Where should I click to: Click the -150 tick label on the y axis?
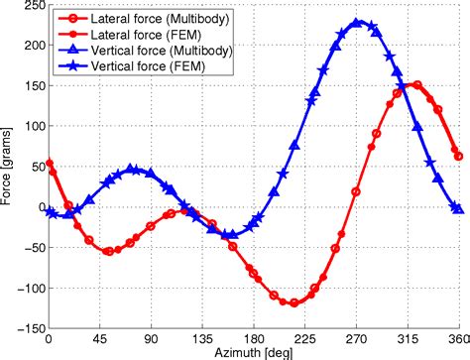[29, 328]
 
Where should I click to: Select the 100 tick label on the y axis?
[31, 126]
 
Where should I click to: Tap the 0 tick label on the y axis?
[39, 207]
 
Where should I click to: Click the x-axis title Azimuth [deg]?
[251, 352]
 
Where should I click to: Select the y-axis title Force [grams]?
[9, 169]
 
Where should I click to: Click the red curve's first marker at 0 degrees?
[49, 164]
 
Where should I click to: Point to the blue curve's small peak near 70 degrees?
[131, 170]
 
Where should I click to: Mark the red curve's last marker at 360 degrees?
[458, 156]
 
